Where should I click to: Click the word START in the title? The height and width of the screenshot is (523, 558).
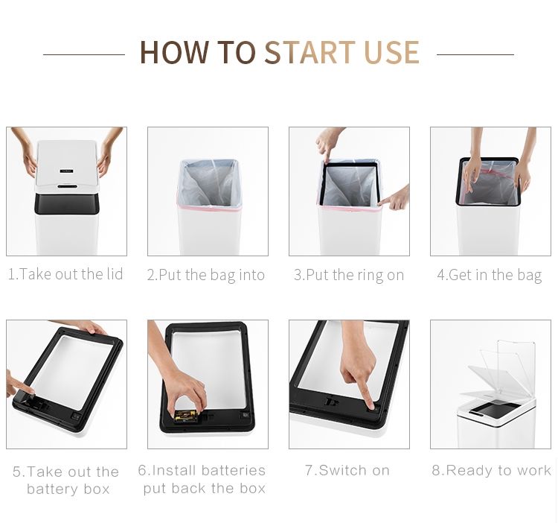[x=310, y=52]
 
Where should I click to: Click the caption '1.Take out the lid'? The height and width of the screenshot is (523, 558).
[x=65, y=274]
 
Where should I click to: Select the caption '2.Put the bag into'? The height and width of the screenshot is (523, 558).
[x=206, y=276]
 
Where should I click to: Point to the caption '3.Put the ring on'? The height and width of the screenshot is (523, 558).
[x=349, y=276]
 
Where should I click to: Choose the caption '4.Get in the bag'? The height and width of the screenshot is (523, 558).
[x=490, y=276]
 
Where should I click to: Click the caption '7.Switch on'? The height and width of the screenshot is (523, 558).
[x=347, y=470]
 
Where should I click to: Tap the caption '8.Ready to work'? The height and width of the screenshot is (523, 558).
[x=492, y=470]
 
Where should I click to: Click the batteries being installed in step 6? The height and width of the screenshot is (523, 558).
[x=185, y=416]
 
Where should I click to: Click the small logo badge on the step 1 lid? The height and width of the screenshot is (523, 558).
[x=66, y=171]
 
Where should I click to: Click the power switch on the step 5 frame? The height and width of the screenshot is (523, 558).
[x=75, y=416]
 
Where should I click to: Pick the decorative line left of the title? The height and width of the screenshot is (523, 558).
[x=84, y=54]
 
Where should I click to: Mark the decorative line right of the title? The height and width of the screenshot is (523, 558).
[x=475, y=54]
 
